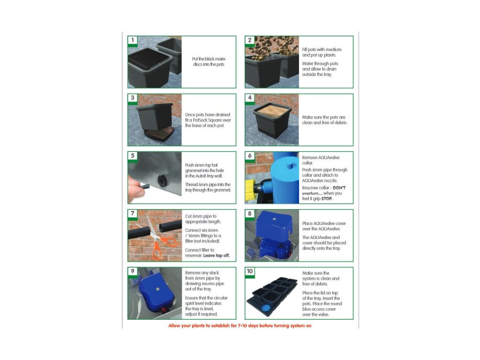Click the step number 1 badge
tap(133, 40)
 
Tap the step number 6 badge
tap(250, 156)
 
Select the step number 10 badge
tap(250, 271)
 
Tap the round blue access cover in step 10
tap(266, 307)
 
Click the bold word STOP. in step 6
tap(327, 199)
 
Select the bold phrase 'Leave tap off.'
tap(217, 255)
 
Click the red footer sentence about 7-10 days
tap(240, 326)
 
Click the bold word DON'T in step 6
tap(339, 188)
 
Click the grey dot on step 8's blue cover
tap(274, 219)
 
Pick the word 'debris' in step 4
tap(340, 123)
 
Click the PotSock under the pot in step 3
tap(158, 134)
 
